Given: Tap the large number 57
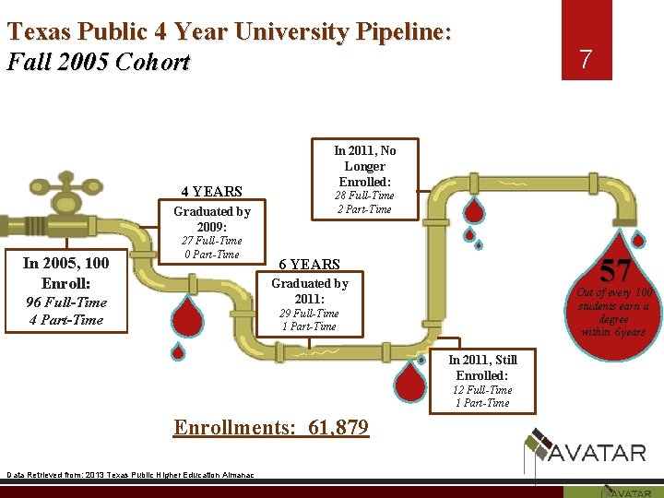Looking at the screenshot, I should (613, 271).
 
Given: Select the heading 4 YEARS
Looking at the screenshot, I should (211, 192).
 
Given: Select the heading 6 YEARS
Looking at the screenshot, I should (309, 264).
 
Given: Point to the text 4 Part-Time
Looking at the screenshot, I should (65, 320).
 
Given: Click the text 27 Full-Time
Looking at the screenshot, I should (211, 241).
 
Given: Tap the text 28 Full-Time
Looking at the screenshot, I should (364, 196).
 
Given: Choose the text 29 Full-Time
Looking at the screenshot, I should (309, 313).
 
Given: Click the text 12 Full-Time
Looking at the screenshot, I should (482, 389).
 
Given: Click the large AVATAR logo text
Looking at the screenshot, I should (598, 452).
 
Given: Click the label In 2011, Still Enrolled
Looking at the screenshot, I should (482, 367).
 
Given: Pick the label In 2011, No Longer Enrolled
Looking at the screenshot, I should (364, 165).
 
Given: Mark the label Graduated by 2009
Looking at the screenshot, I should (211, 219).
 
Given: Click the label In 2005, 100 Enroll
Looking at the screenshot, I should (65, 272).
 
